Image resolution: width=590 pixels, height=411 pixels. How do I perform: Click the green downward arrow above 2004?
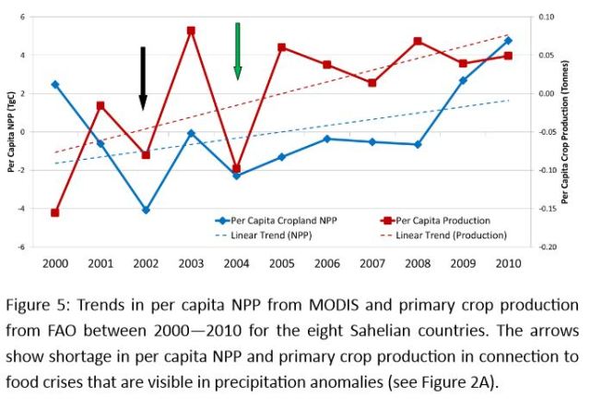(237, 51)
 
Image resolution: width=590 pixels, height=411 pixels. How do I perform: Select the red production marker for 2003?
(191, 30)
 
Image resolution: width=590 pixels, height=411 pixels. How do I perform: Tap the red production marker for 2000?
(55, 212)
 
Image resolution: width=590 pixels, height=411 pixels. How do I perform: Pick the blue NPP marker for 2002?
(146, 211)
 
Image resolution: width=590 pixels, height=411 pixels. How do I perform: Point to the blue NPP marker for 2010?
(507, 41)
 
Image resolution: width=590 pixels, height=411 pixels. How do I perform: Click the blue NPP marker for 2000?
(55, 84)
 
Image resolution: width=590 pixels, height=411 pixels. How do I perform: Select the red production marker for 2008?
(418, 42)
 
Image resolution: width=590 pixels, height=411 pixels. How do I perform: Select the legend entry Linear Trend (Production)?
(452, 235)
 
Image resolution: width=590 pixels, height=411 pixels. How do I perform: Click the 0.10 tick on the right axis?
(546, 17)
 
